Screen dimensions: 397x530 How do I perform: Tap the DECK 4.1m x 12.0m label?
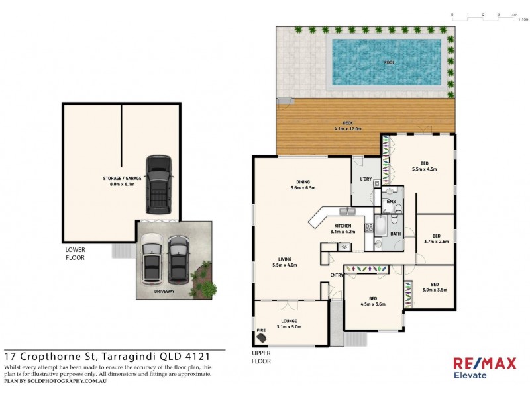[x=348, y=126]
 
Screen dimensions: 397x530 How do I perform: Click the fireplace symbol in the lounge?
[x=263, y=337]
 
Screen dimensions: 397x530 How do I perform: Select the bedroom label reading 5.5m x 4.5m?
[x=424, y=167]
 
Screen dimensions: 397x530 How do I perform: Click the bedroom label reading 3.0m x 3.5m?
[x=435, y=287]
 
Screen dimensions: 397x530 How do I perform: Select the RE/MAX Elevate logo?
[x=479, y=367]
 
